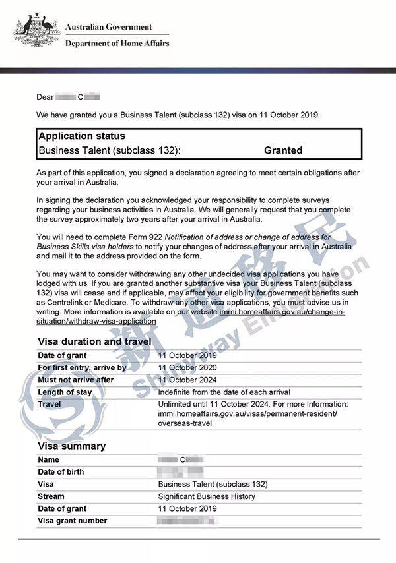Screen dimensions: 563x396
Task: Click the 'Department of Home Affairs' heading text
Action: click(x=117, y=44)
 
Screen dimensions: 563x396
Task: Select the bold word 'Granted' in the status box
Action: click(x=283, y=150)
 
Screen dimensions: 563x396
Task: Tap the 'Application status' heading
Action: click(x=81, y=136)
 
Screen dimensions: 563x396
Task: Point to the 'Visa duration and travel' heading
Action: click(x=94, y=341)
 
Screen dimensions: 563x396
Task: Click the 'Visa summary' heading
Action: click(x=71, y=446)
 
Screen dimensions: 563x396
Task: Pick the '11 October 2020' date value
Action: click(x=187, y=368)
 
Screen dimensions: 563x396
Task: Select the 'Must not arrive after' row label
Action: click(x=76, y=380)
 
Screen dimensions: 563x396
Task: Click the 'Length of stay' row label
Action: click(x=65, y=392)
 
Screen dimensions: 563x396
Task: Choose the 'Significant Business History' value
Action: click(x=207, y=496)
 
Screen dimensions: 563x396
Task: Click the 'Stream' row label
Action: click(x=51, y=496)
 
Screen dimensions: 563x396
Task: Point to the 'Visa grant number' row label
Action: click(x=73, y=521)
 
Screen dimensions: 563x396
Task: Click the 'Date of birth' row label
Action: click(x=61, y=472)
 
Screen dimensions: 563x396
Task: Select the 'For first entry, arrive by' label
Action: click(x=82, y=368)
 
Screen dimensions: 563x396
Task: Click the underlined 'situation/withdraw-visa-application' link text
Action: click(x=96, y=321)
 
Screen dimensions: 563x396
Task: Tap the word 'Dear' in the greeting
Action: click(x=45, y=97)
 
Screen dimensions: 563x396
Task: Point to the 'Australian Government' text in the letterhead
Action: click(x=108, y=28)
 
